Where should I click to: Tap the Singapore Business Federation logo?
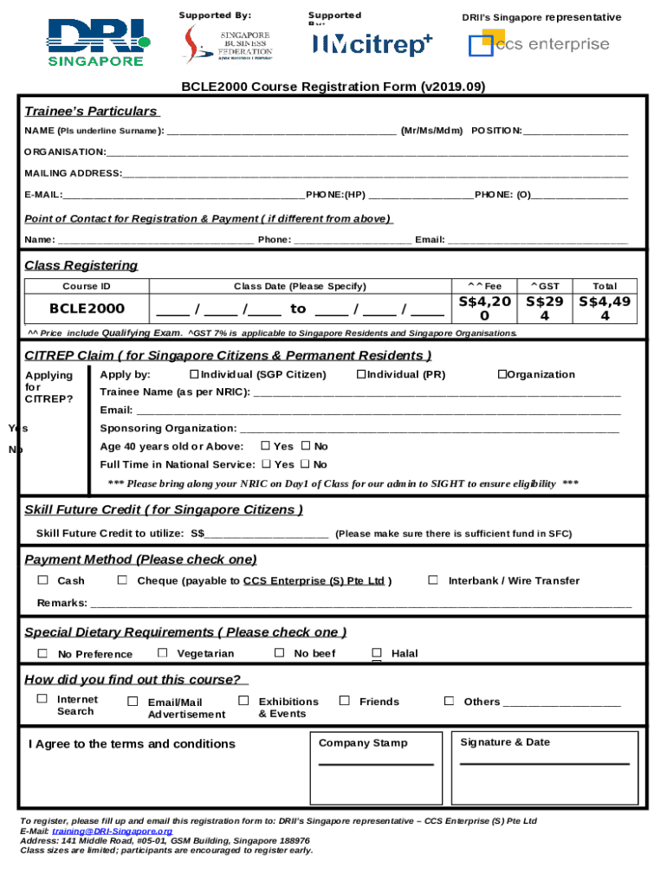click(229, 43)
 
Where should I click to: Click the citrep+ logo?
click(372, 44)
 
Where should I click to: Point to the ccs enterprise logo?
click(539, 43)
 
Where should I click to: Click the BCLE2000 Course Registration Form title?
click(333, 87)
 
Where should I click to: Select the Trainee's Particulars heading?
click(91, 111)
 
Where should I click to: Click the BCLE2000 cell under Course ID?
click(87, 308)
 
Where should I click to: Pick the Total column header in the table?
click(605, 286)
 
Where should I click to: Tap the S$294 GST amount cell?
click(545, 308)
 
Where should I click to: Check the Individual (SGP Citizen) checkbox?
click(193, 374)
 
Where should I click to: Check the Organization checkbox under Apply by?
click(501, 374)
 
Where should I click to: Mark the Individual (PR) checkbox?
click(360, 374)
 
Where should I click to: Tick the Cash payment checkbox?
click(42, 580)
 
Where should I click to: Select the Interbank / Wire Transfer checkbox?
click(433, 580)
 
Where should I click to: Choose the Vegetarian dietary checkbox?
click(162, 653)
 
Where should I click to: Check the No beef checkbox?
click(279, 653)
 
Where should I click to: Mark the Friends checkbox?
click(344, 701)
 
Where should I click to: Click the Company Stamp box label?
click(363, 743)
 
